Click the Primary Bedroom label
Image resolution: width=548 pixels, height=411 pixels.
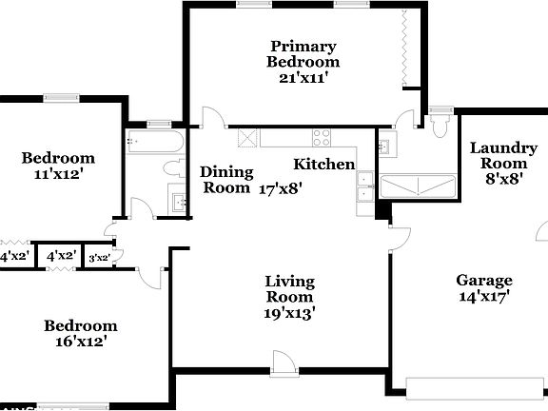click(302, 53)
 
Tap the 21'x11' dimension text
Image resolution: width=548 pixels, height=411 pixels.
click(302, 78)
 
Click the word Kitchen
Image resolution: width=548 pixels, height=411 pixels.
click(323, 164)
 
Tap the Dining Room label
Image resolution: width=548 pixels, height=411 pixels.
click(226, 179)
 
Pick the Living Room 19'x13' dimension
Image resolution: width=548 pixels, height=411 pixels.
click(289, 311)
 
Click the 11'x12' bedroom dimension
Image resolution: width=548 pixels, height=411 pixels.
click(58, 175)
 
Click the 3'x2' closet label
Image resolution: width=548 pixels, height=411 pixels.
click(99, 257)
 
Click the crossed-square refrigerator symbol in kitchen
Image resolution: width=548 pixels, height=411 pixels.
click(248, 138)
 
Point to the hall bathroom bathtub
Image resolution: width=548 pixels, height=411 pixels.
click(156, 144)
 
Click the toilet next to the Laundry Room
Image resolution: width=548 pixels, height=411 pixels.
click(439, 124)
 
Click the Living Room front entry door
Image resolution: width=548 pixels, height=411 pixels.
click(283, 362)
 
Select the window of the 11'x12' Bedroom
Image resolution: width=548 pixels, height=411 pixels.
click(59, 96)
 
